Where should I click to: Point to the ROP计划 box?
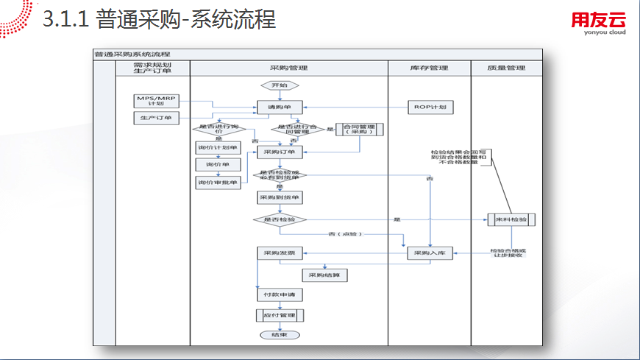428,107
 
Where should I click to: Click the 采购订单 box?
279,153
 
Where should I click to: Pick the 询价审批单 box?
218,182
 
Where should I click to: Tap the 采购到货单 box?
279,198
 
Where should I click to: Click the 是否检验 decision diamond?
279,219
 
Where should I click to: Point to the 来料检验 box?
511,219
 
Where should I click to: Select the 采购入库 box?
430,253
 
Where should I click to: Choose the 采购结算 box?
324,275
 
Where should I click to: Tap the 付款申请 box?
279,294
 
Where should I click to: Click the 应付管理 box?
279,315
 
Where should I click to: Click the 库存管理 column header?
429,68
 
